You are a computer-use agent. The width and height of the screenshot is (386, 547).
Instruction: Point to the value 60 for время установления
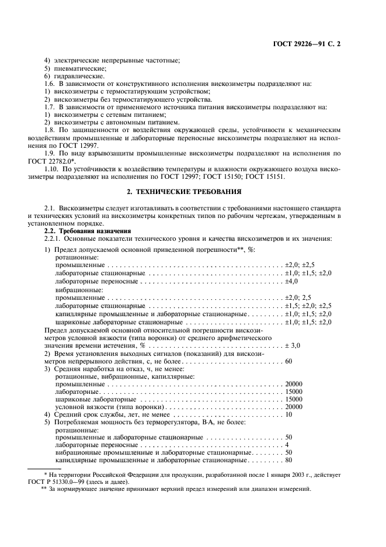pos(288,361)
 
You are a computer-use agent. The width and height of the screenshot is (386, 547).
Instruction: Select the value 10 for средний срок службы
pos(288,414)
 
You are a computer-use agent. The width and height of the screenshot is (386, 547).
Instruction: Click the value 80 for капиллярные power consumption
pos(288,460)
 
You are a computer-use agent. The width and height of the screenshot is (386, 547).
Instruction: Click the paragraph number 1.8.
pos(53,130)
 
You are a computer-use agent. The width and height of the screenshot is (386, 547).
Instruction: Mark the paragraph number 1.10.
pos(54,168)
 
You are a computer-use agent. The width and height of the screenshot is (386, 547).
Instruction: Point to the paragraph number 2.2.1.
pos(55,238)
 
